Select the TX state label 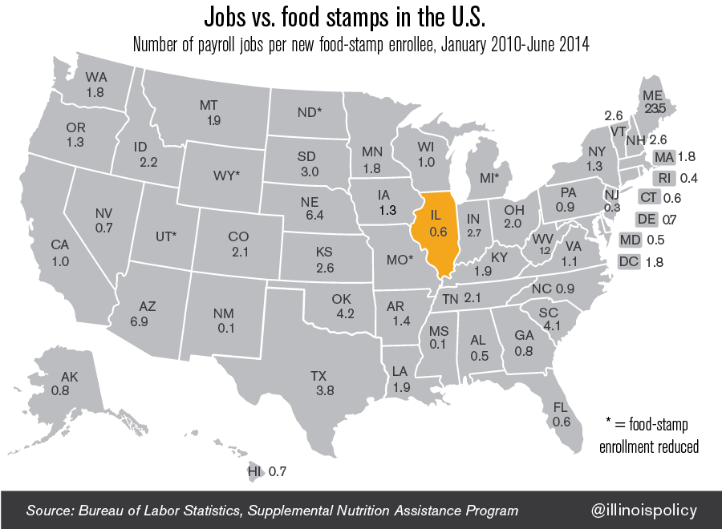click(x=318, y=375)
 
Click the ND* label click(x=309, y=112)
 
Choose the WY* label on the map click(x=226, y=175)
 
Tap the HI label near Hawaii click(x=255, y=471)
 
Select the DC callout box click(x=629, y=261)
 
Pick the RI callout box click(x=663, y=178)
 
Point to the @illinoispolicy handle click(x=644, y=510)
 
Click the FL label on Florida click(x=561, y=408)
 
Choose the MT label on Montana click(x=210, y=106)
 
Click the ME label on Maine click(x=652, y=95)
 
